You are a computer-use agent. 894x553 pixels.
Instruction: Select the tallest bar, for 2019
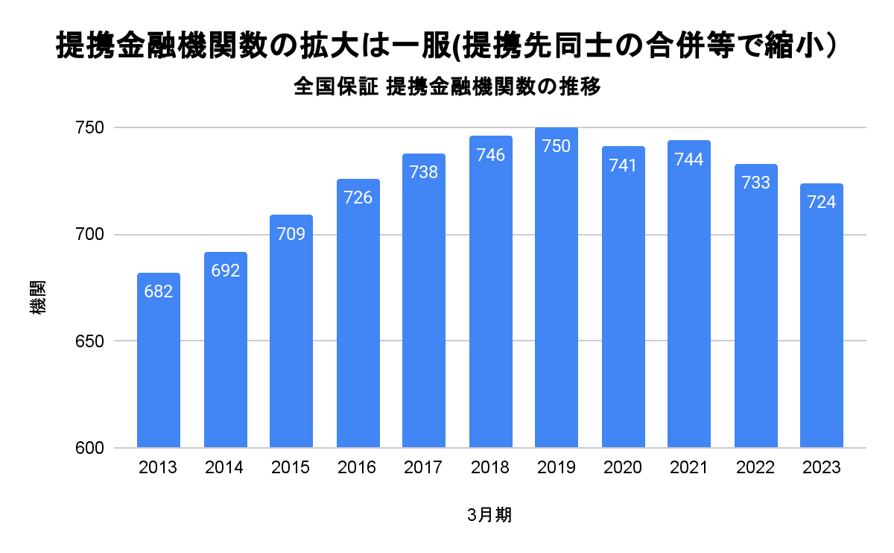click(557, 298)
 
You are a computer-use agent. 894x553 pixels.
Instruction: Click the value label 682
click(159, 291)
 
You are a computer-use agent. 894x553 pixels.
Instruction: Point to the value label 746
click(490, 155)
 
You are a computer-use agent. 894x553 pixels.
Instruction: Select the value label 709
click(291, 234)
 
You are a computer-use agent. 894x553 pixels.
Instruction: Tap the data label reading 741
click(623, 165)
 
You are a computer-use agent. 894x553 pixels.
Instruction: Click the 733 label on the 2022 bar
click(755, 183)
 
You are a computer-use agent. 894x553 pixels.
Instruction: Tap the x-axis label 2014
click(225, 468)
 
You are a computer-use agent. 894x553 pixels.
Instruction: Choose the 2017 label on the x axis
click(424, 468)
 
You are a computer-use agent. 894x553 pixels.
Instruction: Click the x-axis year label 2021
click(689, 468)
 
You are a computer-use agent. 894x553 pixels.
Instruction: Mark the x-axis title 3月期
click(489, 515)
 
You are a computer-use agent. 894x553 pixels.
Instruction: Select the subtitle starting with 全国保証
click(447, 86)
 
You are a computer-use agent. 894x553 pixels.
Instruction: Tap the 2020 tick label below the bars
click(623, 468)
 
